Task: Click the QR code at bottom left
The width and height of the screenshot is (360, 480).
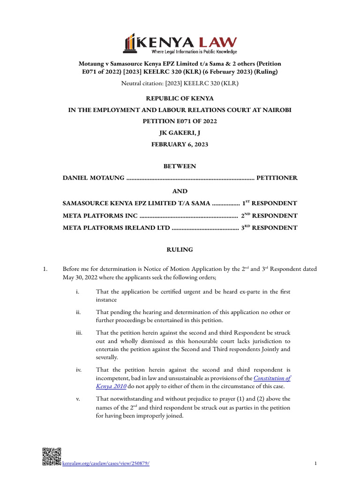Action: click(52, 457)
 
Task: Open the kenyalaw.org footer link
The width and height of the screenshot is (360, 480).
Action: click(106, 464)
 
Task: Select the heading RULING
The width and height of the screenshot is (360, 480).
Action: click(180, 250)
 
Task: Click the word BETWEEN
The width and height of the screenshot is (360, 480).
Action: click(180, 166)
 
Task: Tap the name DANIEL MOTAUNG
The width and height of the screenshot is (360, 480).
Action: click(94, 178)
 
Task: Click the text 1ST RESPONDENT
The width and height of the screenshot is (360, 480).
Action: click(269, 203)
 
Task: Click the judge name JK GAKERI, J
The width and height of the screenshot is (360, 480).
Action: click(180, 133)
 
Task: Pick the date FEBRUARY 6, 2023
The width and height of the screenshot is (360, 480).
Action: click(180, 144)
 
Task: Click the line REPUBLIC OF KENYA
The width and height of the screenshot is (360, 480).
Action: click(180, 98)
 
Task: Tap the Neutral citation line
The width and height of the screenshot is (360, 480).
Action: click(180, 84)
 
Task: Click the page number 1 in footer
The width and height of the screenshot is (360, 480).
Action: click(316, 464)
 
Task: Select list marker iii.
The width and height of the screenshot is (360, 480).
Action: click(79, 332)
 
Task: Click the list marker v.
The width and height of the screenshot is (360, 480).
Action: click(78, 399)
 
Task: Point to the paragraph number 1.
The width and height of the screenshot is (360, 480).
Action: click(45, 269)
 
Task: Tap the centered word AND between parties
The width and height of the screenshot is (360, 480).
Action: click(180, 191)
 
